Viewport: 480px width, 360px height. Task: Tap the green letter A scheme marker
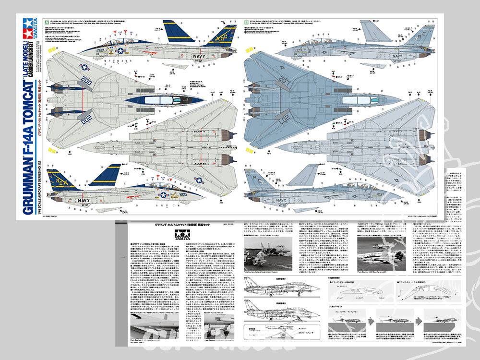[x=45, y=22]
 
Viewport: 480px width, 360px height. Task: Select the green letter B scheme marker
[x=246, y=22]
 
